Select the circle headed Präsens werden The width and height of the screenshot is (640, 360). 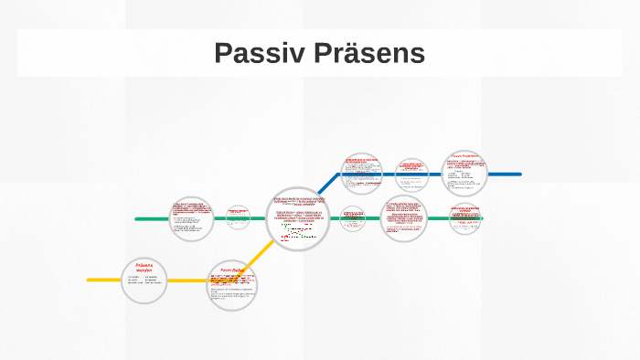coord(144,280)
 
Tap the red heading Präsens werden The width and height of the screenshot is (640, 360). coord(144,268)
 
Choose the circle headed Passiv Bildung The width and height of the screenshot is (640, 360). coord(232,285)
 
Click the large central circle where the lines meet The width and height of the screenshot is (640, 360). coord(299,218)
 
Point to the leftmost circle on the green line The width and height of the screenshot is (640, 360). coord(192,219)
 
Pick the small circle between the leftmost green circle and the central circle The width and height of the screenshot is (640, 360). coord(238,216)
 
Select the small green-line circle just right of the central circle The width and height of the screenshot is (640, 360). coord(354,217)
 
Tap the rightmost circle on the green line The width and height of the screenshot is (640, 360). coord(466,217)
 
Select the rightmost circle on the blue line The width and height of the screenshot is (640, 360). coord(465,173)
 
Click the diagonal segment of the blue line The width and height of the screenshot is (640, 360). coord(329,185)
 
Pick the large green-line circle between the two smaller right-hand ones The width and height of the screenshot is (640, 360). coord(403,218)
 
